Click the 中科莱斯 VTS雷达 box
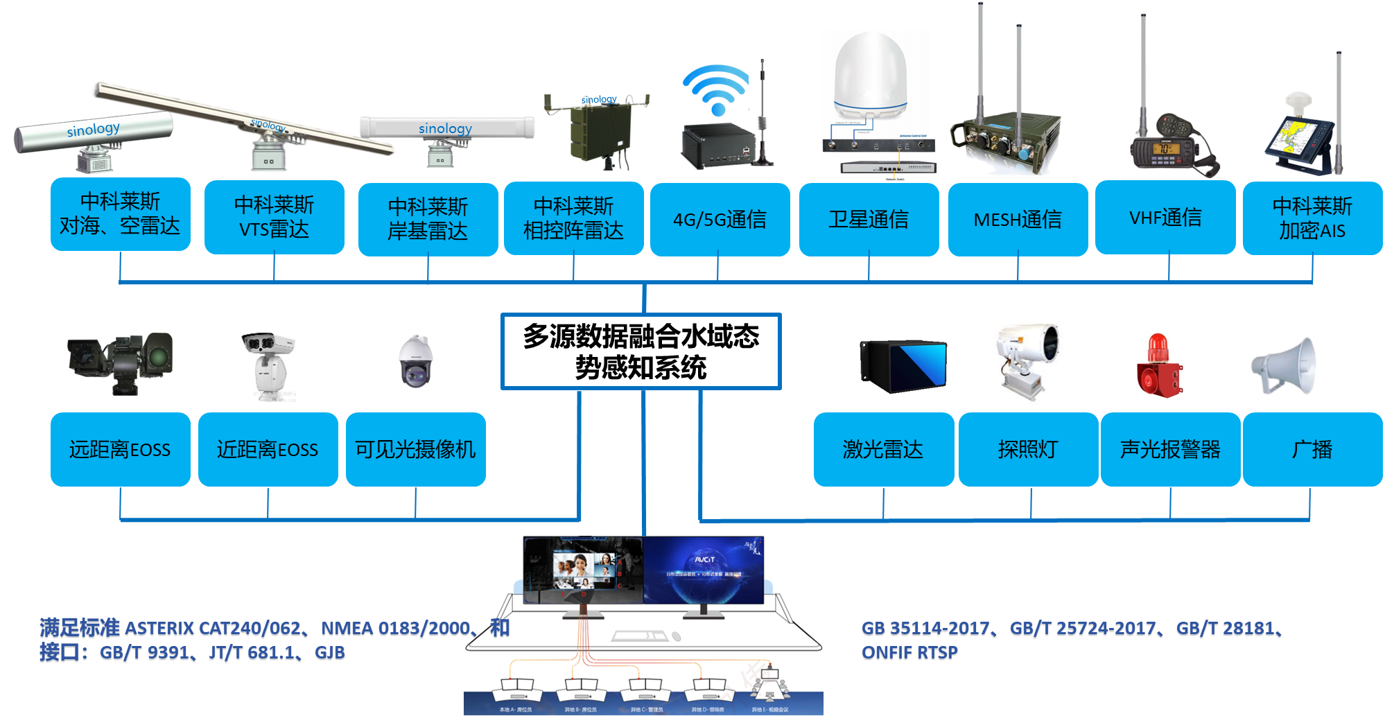[275, 218]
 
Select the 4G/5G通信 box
[720, 220]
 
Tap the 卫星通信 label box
[869, 220]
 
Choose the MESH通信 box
[1018, 220]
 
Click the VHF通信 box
[1165, 218]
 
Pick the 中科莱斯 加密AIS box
[1312, 218]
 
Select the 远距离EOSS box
[120, 450]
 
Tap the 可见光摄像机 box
[415, 450]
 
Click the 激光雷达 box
[883, 450]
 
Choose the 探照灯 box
[1028, 450]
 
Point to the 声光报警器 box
[1170, 450]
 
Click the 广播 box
[1312, 450]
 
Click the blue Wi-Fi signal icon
[716, 90]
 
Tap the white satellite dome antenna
[871, 76]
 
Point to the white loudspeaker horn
[1284, 365]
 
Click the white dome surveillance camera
[415, 361]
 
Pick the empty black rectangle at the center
[641, 351]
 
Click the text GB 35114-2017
[925, 629]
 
